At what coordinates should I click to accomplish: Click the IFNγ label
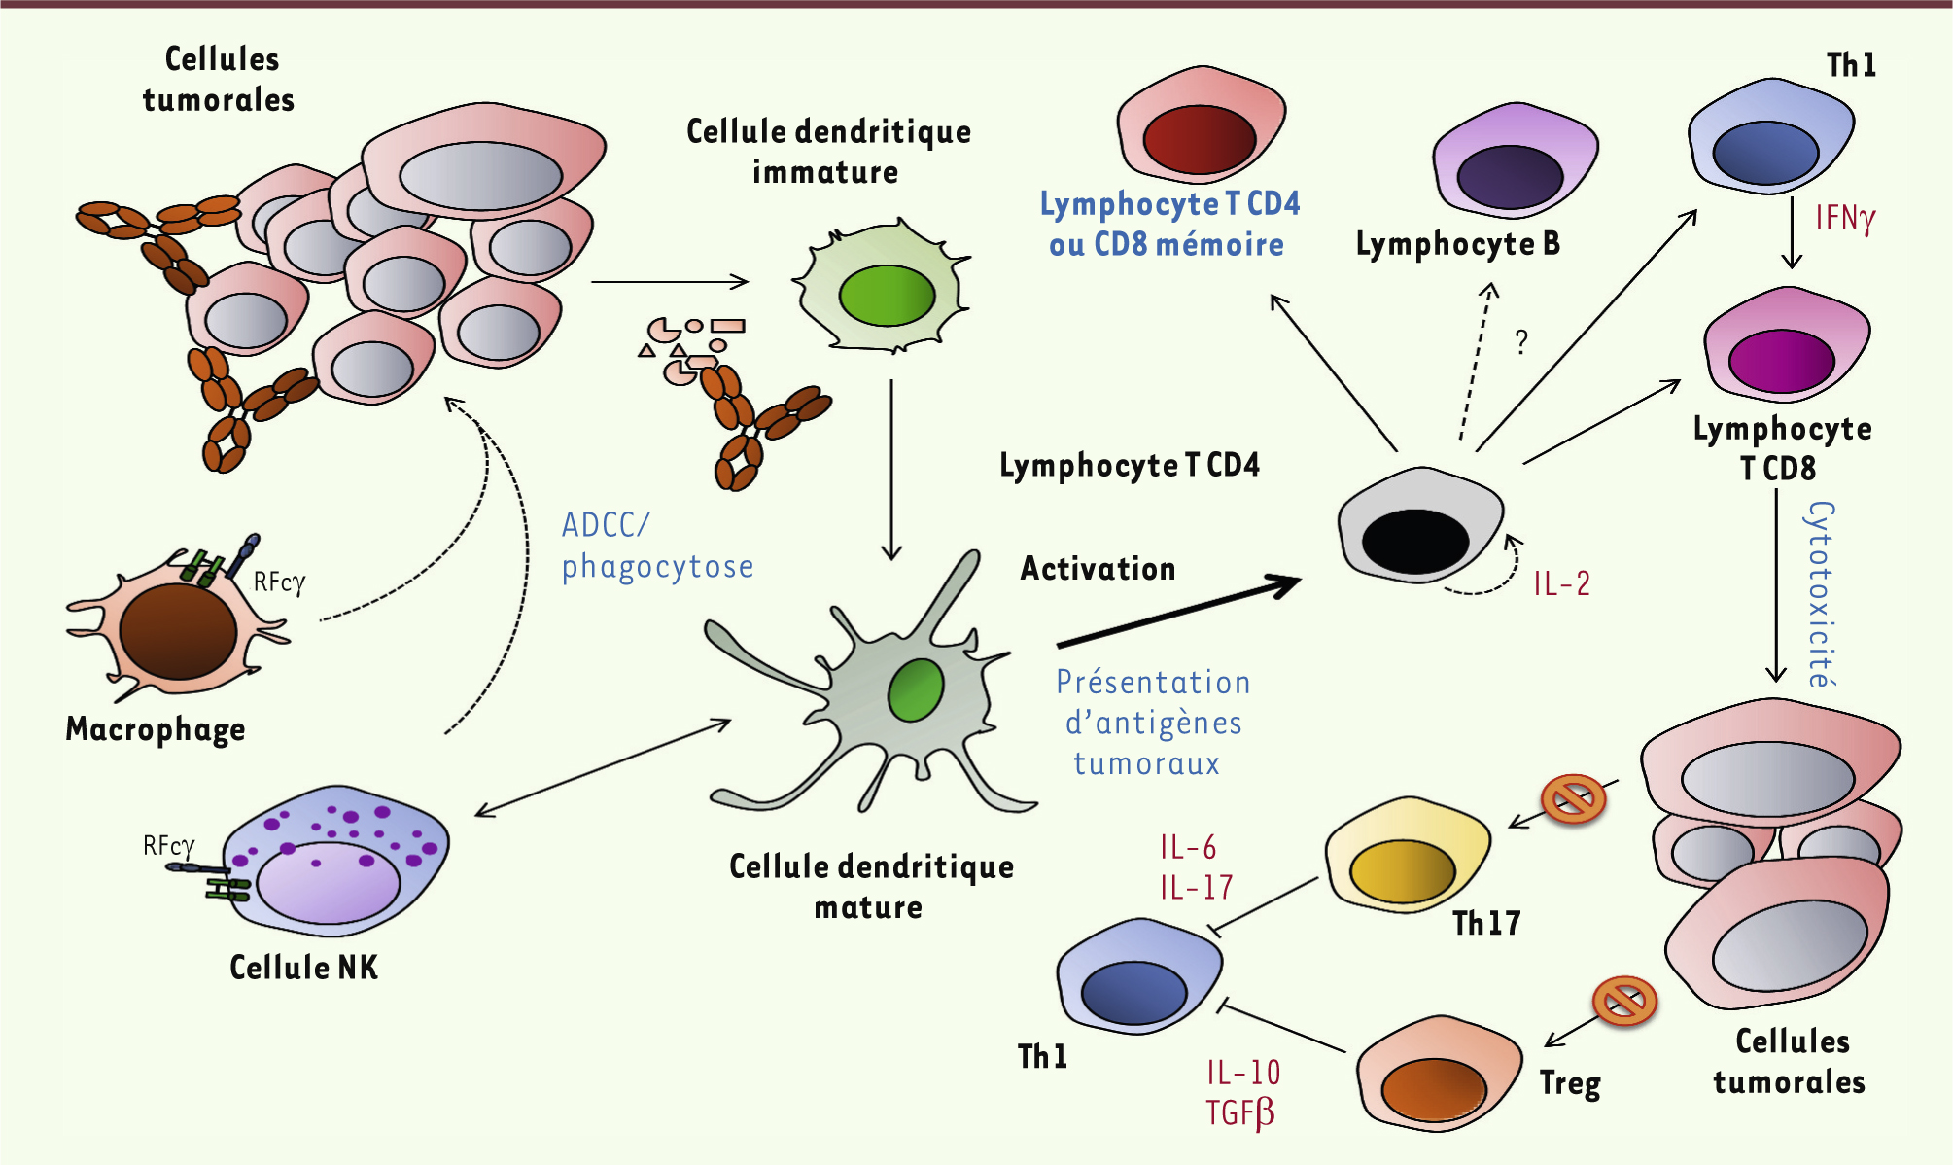(1844, 218)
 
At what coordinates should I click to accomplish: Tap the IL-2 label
(1561, 583)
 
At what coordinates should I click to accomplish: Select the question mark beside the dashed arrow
(1521, 341)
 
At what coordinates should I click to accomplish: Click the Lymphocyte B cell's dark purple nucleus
(1509, 177)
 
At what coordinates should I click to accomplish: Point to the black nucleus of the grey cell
(1414, 541)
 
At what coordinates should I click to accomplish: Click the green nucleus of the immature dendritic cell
(886, 295)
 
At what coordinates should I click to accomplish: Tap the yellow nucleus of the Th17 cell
(1402, 870)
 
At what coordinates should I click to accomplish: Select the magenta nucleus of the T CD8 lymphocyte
(1781, 361)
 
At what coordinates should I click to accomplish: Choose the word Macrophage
(156, 729)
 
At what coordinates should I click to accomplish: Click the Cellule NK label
(303, 968)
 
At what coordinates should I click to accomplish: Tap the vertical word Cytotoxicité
(1821, 593)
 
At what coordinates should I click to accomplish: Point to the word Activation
(1098, 569)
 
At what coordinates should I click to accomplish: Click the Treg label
(1570, 1083)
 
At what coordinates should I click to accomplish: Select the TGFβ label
(1239, 1112)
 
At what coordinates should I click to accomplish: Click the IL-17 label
(1196, 888)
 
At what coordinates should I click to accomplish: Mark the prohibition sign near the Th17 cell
(1573, 799)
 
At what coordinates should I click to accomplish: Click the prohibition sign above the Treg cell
(1623, 1001)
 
